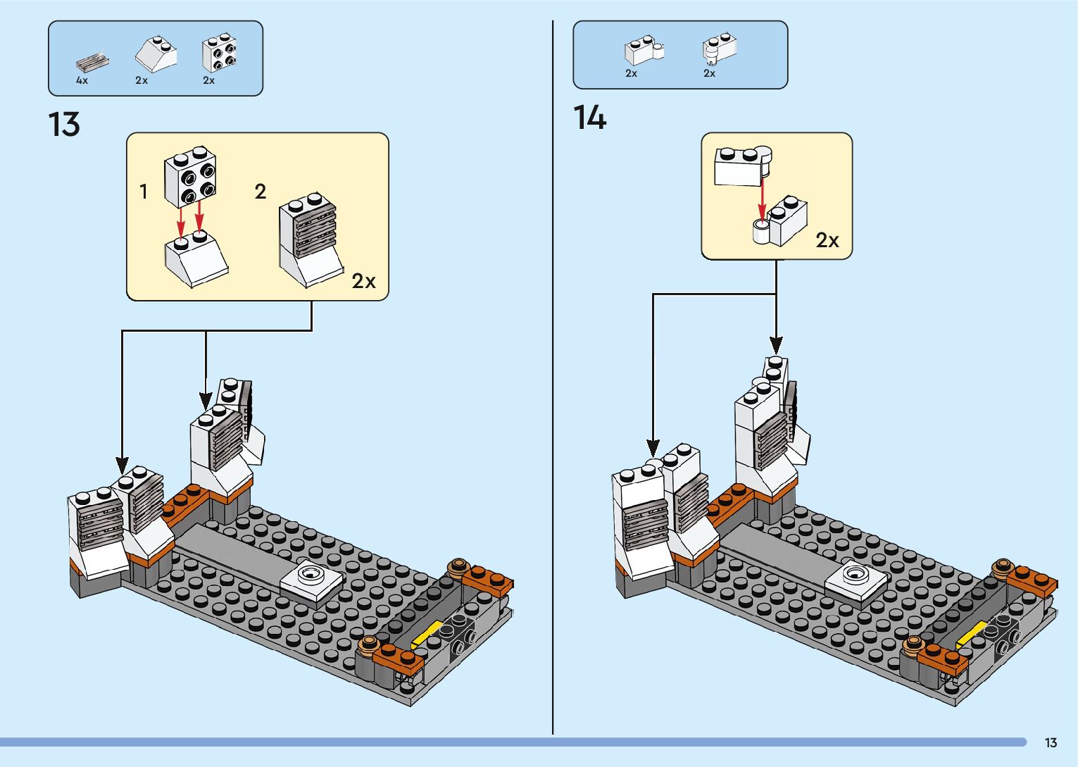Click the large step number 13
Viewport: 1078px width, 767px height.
(64, 124)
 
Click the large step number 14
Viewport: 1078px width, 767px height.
(589, 117)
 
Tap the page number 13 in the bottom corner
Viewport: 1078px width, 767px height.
(1051, 742)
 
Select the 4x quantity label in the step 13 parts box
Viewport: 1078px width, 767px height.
(82, 80)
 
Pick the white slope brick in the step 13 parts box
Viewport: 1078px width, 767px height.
(156, 54)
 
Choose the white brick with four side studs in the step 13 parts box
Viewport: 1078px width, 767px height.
(219, 52)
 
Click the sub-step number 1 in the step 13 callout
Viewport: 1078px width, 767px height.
(144, 192)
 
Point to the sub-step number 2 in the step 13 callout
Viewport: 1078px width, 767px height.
(260, 192)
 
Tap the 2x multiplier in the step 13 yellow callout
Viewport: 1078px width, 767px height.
(363, 281)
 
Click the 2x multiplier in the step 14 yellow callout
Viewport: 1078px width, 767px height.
(827, 239)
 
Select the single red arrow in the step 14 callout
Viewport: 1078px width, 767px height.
(762, 200)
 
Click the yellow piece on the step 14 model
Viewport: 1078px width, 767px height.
(971, 634)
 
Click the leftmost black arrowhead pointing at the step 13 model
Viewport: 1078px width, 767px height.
(123, 466)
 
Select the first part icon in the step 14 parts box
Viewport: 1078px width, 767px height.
(644, 51)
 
